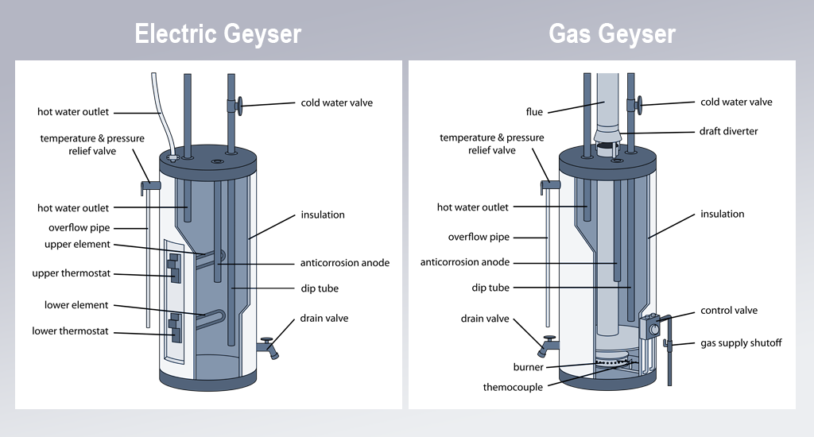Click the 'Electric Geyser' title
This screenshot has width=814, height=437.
coord(218,34)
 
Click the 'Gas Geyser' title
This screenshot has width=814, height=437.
coord(612,34)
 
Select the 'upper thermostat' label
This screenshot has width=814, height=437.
coord(71,273)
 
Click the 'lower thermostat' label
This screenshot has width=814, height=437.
coord(70,331)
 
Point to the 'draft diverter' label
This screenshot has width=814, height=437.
coord(728,131)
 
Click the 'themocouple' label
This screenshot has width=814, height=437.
coord(513,387)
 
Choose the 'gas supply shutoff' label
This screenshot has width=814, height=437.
coord(741,343)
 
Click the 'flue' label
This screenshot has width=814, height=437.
coord(534,111)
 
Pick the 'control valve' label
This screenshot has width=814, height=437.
coord(729,311)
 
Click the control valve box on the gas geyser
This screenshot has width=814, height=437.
coord(650,327)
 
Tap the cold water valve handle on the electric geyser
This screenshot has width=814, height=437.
coord(239,106)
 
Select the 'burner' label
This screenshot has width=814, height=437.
coord(528,367)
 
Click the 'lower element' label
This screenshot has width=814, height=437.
coord(76,304)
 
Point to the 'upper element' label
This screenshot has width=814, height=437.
coord(77,244)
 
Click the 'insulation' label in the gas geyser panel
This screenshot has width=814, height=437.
coord(722,214)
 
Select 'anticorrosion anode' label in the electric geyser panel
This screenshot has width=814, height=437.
coord(345,263)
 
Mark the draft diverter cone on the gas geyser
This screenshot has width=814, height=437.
coord(607,137)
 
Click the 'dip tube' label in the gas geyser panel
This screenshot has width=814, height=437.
coord(490,288)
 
